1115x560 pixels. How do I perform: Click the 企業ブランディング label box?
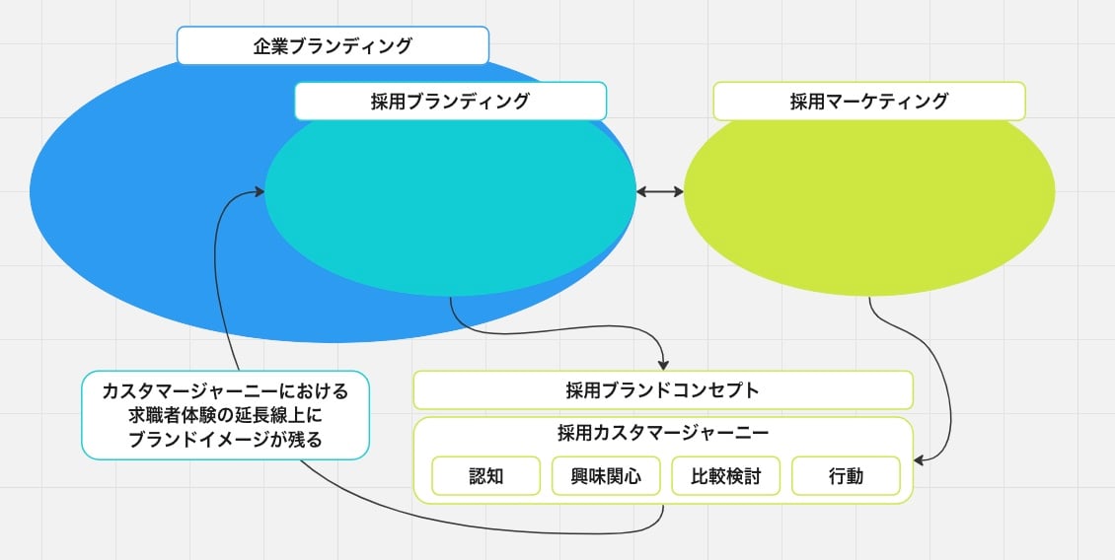333,45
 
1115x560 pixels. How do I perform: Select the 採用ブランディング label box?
450,101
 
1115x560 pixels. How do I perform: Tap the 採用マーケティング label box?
868,101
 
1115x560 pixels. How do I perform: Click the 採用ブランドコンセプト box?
662,389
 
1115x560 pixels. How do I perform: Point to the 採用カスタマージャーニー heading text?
662,432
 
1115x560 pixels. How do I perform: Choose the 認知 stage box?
485,475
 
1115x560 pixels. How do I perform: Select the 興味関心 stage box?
606,475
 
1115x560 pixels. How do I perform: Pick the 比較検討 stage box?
725,475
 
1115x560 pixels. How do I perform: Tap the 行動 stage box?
846,475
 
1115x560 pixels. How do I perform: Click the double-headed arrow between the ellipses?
659,191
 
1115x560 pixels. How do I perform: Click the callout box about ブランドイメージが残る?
225,415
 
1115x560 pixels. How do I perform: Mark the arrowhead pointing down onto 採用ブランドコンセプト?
663,364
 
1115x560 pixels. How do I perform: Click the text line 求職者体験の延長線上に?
225,415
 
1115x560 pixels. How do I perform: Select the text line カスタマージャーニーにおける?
225,391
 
